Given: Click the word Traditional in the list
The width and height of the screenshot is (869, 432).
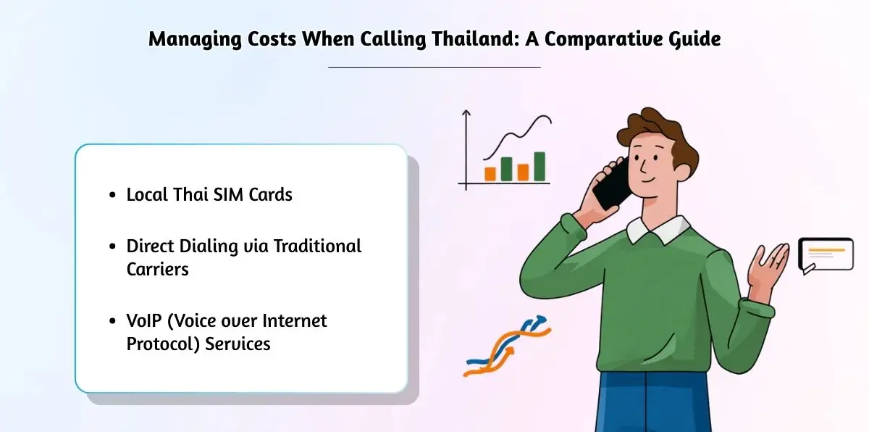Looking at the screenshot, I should [x=320, y=246].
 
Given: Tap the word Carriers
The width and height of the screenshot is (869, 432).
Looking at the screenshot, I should [x=157, y=269].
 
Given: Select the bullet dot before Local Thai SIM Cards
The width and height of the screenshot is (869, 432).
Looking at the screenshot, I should [x=112, y=196].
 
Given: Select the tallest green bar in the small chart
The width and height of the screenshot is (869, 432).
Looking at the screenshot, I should [x=540, y=166].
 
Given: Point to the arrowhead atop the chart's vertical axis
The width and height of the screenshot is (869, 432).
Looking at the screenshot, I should [x=466, y=113].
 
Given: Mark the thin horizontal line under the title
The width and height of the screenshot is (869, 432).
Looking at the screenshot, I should [x=434, y=67].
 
